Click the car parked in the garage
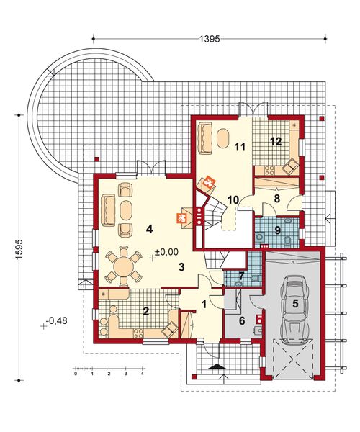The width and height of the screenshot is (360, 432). point(294,317)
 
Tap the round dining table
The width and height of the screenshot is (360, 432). point(124,268)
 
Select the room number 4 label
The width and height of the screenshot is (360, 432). point(149,230)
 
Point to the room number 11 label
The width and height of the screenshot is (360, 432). point(240,147)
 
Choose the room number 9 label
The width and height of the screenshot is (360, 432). point(276,231)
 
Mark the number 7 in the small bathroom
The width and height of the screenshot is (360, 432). point(243,275)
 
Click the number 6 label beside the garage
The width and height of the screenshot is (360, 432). point(241,320)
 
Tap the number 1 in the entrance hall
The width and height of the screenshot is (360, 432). point(204,304)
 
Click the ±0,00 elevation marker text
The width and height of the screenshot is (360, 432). point(167,252)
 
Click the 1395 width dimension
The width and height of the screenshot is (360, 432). point(209,36)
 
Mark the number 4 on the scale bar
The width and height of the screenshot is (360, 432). point(143,375)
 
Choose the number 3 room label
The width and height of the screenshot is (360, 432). point(182,267)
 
